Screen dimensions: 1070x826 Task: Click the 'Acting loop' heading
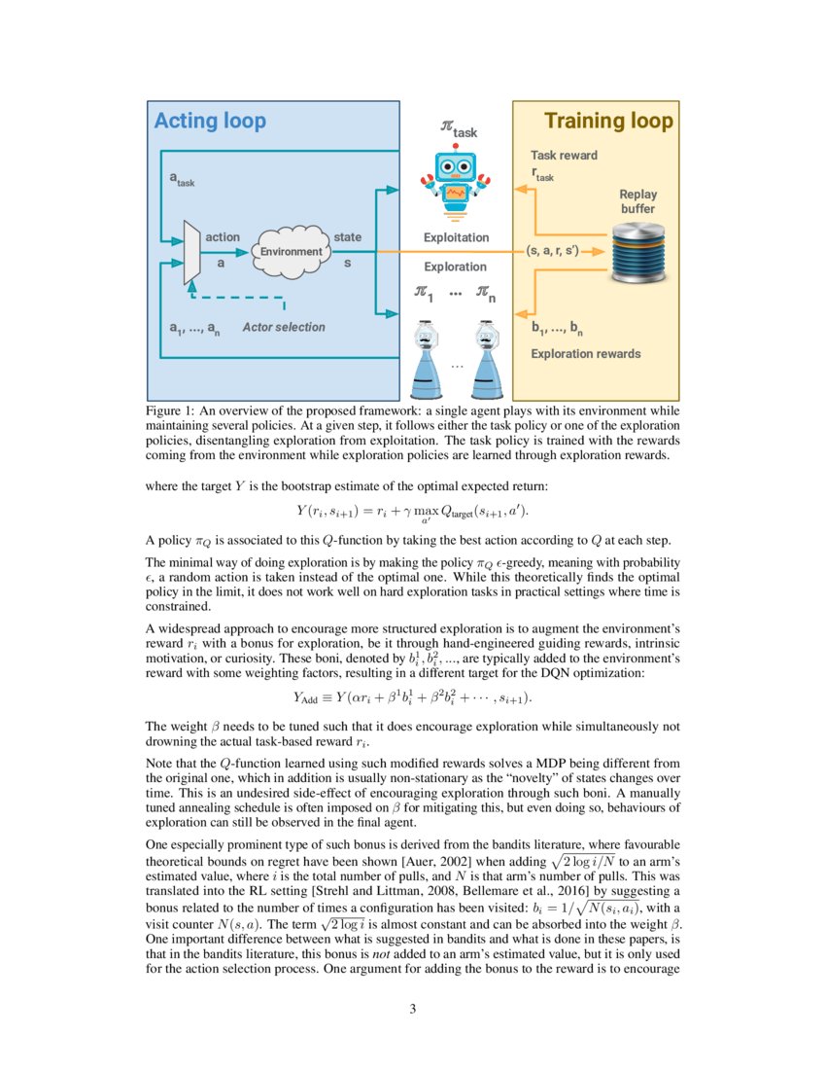pos(210,122)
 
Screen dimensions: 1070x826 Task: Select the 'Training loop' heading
pos(607,122)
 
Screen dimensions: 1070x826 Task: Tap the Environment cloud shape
pos(291,251)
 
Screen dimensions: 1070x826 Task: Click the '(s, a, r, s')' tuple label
pos(552,251)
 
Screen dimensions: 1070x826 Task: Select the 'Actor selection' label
pos(284,328)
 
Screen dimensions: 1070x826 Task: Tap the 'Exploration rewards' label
pos(585,353)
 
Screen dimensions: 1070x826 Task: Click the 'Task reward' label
pos(564,155)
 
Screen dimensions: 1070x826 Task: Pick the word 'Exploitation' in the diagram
pos(456,237)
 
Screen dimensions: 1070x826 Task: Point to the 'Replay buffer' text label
pos(637,201)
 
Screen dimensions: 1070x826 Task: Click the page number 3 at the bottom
pos(413,1009)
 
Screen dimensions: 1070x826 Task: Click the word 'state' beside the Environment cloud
pos(347,237)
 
